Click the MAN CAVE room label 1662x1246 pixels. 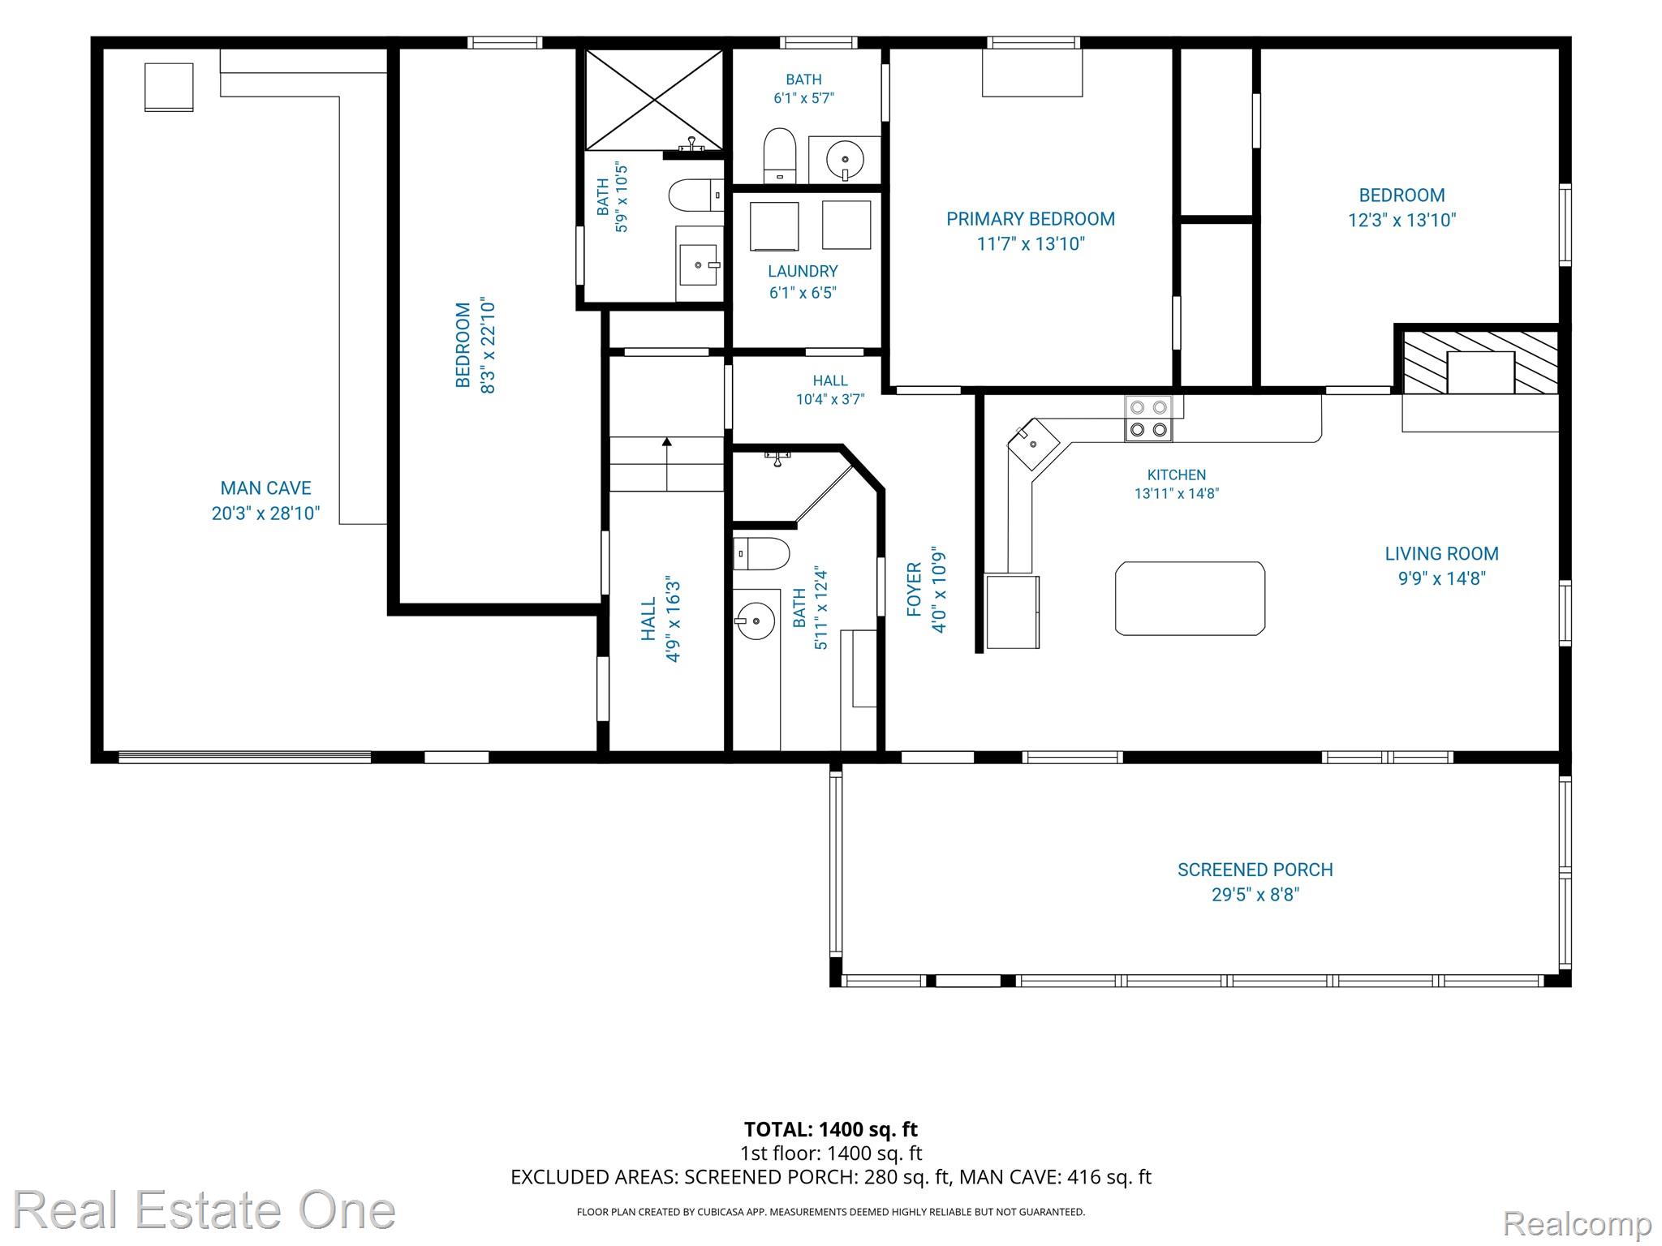[x=265, y=488]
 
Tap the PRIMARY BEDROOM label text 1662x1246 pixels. [x=1031, y=219]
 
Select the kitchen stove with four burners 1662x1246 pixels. [x=1148, y=419]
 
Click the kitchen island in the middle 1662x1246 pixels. [x=1190, y=599]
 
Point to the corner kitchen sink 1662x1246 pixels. [x=1033, y=444]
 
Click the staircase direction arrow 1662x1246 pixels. [x=667, y=463]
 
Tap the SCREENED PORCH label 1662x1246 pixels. [x=1255, y=870]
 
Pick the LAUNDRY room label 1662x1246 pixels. [x=803, y=271]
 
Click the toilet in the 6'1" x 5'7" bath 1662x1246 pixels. [x=780, y=155]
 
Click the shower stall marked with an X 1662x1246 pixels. [x=654, y=100]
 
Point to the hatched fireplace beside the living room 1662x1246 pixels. [x=1480, y=362]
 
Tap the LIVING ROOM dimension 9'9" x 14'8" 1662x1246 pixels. [x=1441, y=578]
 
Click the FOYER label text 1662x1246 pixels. [x=915, y=590]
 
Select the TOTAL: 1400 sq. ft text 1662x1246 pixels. [x=830, y=1129]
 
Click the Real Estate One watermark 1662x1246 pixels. [x=204, y=1209]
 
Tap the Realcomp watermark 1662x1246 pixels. [x=1577, y=1222]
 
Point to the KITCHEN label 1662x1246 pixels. [x=1177, y=475]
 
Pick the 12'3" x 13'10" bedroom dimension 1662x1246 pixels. [x=1402, y=220]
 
